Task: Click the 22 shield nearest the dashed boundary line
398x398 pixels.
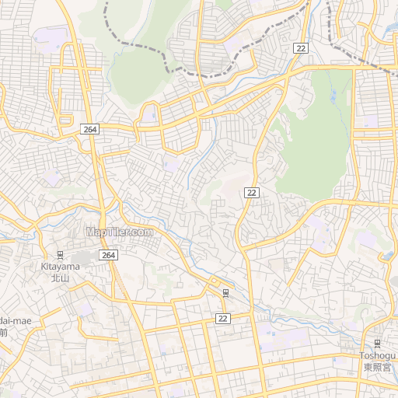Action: coord(302,48)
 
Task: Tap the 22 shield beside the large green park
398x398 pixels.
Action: coord(251,192)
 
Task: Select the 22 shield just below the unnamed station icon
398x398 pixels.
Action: coord(223,319)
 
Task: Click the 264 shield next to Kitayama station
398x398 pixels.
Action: coord(108,255)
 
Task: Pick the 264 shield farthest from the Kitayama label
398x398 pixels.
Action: coord(89,129)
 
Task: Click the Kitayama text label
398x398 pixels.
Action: coord(61,266)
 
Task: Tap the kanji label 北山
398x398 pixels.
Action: coord(61,278)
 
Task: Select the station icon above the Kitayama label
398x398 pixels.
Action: coord(61,254)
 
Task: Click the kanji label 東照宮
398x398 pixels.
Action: coord(376,367)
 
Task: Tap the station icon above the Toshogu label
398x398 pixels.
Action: coord(377,344)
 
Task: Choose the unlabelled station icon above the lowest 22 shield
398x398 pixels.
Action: coord(225,292)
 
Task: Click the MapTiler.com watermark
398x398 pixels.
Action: coord(120,232)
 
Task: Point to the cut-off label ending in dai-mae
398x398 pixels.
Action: coord(15,320)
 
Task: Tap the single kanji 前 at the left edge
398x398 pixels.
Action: coord(3,333)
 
